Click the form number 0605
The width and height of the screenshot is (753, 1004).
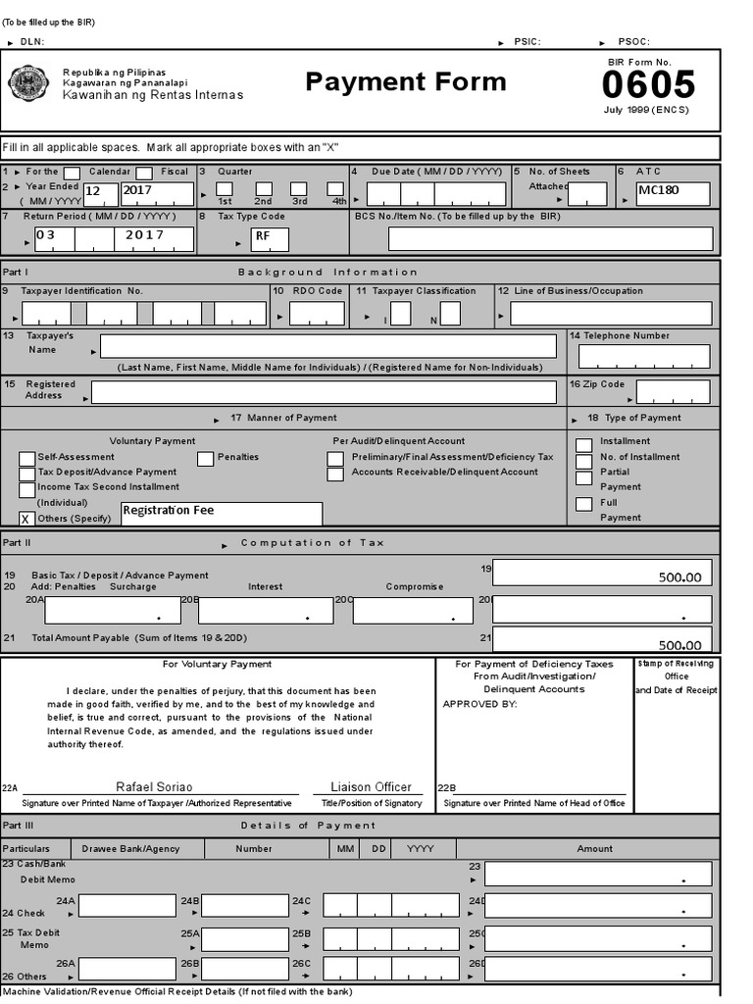point(648,84)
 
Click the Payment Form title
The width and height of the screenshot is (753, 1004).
point(406,81)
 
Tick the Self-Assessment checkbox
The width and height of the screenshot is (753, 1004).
point(27,459)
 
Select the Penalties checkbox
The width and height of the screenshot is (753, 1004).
point(206,458)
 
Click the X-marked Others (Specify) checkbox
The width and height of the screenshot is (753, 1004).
point(27,519)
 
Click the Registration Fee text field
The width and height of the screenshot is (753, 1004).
point(222,513)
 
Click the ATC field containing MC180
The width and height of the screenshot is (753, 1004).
point(673,192)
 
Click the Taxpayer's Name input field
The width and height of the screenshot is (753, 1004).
point(328,346)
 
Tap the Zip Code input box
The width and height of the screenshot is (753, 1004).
point(673,392)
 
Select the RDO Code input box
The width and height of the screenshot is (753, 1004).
point(317,314)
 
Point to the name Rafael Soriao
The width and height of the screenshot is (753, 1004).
point(155,787)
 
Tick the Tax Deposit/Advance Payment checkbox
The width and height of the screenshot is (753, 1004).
point(27,474)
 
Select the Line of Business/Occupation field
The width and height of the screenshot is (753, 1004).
point(611,314)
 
